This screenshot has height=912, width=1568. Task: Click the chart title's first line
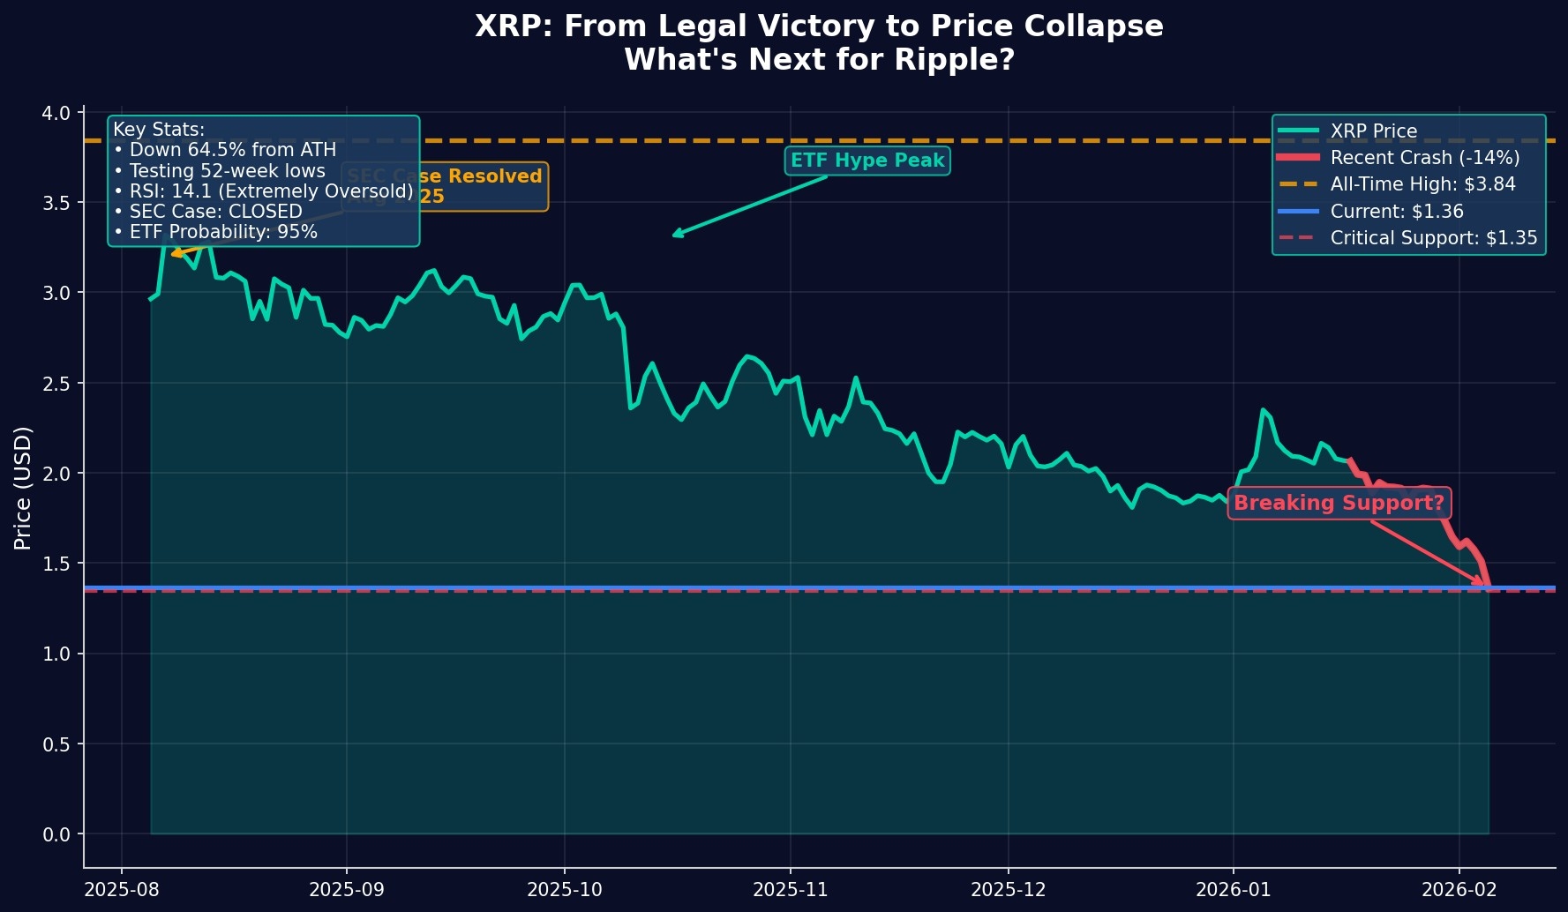pos(819,26)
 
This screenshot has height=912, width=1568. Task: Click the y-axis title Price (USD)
pos(23,488)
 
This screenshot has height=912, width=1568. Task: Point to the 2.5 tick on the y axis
pos(56,384)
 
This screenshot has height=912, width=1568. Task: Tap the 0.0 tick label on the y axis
pos(56,834)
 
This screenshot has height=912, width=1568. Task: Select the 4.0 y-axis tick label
pos(56,113)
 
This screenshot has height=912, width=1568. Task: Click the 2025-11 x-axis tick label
pos(790,889)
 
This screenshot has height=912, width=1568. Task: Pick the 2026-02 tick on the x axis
pos(1459,889)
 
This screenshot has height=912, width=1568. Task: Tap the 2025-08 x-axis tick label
pos(121,889)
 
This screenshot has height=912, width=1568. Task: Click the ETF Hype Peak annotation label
pos(867,161)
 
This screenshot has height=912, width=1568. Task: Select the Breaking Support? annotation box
pos(1339,503)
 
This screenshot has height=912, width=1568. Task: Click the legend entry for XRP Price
pos(1373,131)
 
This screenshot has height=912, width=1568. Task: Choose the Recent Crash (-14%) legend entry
pos(1424,158)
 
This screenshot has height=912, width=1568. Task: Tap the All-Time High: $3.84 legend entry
pos(1422,184)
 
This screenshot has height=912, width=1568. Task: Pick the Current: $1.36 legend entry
pos(1396,212)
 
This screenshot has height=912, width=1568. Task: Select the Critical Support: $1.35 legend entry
pos(1433,238)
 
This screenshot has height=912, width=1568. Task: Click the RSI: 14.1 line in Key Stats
pos(263,191)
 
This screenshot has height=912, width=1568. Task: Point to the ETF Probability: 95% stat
pos(215,232)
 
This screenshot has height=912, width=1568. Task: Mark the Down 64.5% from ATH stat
pos(225,150)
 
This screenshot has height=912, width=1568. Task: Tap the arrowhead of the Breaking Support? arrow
pos(1482,583)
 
